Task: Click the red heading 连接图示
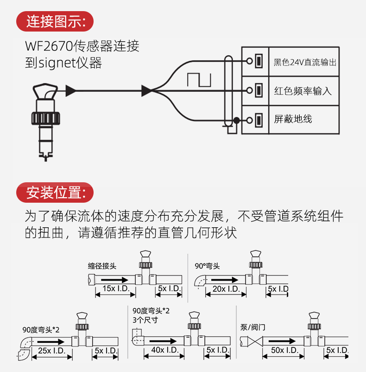click(55, 21)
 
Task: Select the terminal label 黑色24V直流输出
click(305, 62)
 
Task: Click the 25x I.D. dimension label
click(51, 351)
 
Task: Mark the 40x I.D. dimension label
click(165, 350)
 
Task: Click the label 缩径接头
click(102, 266)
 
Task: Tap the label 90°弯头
click(207, 266)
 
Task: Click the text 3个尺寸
click(145, 320)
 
